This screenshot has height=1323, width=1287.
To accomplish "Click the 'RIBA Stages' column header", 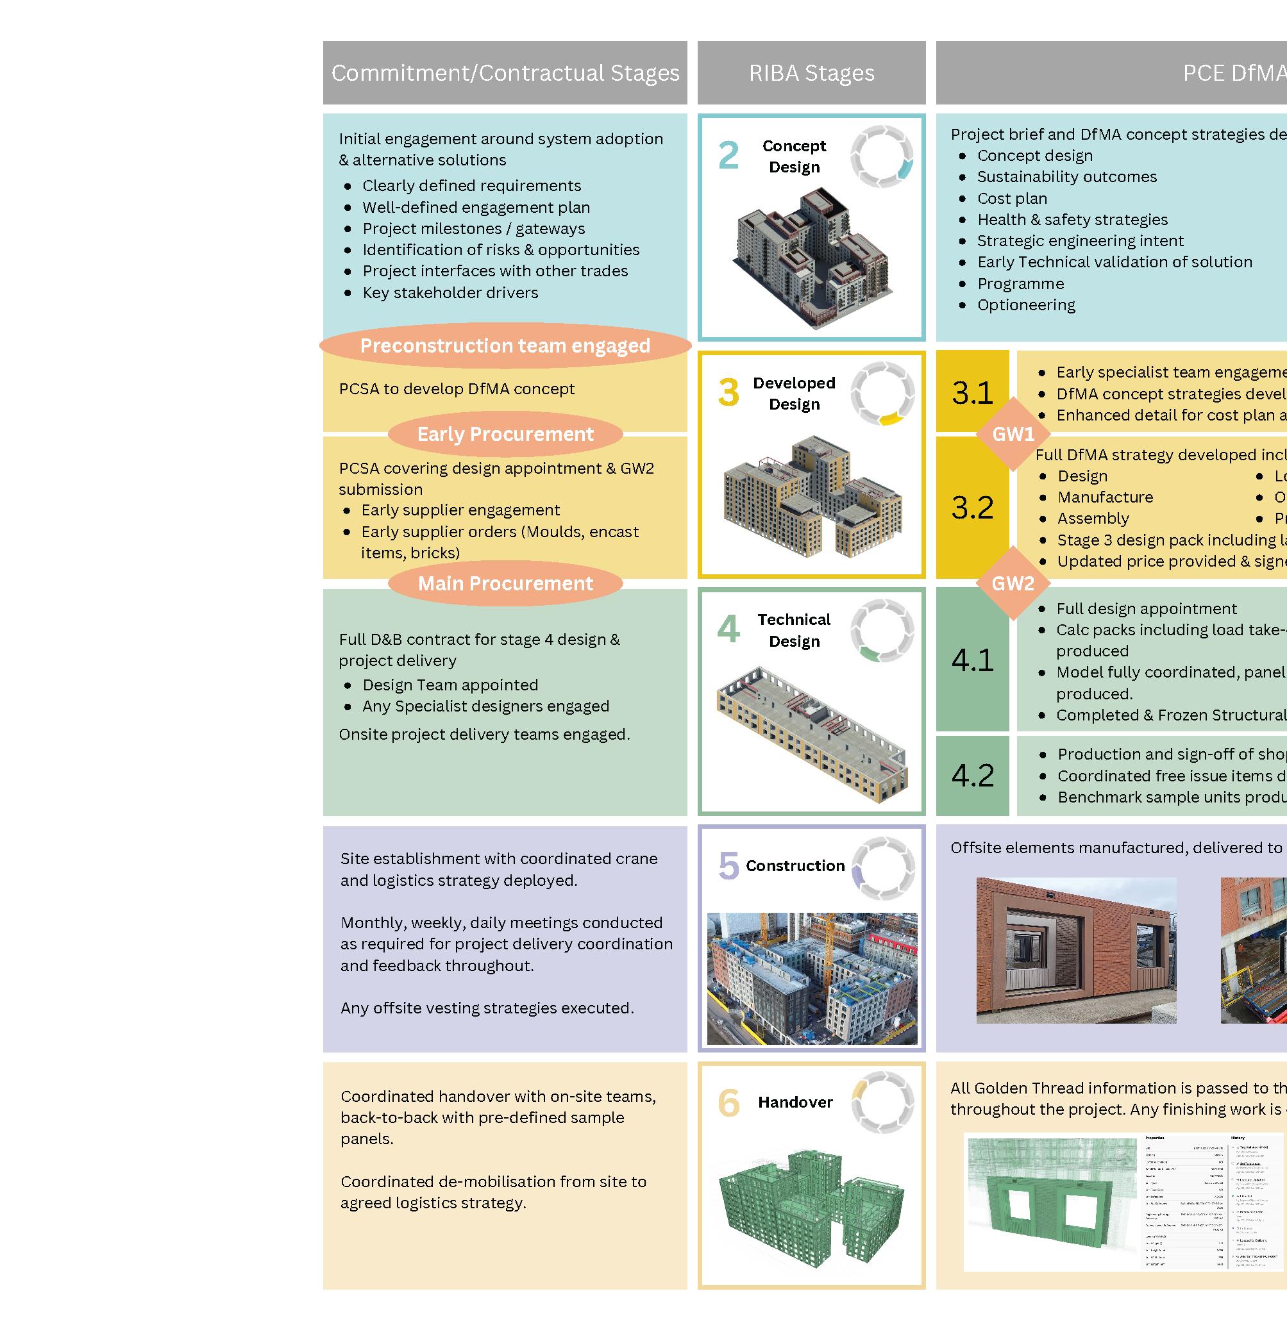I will pyautogui.click(x=811, y=73).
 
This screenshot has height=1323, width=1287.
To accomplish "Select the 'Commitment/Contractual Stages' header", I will pyautogui.click(x=505, y=73).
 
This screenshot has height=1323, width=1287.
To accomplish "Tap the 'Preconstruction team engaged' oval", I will pyautogui.click(x=505, y=346).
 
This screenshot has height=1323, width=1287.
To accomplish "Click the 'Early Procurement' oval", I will pyautogui.click(x=505, y=434).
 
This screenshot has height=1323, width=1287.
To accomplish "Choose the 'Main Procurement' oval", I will pyautogui.click(x=505, y=583).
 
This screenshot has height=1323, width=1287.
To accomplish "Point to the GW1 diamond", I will pyautogui.click(x=1013, y=434).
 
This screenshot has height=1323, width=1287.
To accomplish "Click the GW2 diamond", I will pyautogui.click(x=1013, y=583).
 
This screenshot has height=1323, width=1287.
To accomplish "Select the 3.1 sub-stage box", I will pyautogui.click(x=972, y=392).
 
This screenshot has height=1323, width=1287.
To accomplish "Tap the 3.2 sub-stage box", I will pyautogui.click(x=972, y=508).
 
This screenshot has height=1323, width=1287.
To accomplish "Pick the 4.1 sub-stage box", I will pyautogui.click(x=972, y=660).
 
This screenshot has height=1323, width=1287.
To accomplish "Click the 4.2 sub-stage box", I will pyautogui.click(x=972, y=775).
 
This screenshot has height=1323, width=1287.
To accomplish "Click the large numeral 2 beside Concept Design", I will pyautogui.click(x=728, y=155).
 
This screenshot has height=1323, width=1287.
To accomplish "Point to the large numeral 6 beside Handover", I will pyautogui.click(x=728, y=1102).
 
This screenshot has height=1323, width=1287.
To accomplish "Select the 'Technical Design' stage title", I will pyautogui.click(x=795, y=629).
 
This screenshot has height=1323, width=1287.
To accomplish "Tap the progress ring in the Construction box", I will pyautogui.click(x=883, y=869).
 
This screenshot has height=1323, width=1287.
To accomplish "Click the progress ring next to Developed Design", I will pyautogui.click(x=883, y=394).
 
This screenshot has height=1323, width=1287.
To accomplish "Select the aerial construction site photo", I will pyautogui.click(x=812, y=978).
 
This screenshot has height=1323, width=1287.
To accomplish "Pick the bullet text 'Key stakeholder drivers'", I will pyautogui.click(x=450, y=292).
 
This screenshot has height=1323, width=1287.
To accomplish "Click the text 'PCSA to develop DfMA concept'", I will pyautogui.click(x=457, y=389).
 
